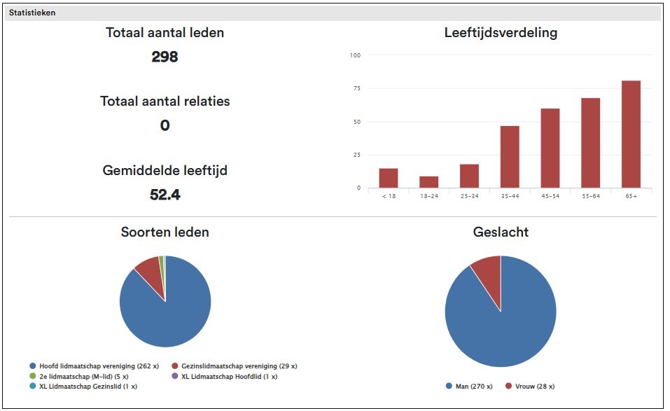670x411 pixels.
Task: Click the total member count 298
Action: pyautogui.click(x=165, y=57)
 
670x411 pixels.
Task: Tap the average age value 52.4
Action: pyautogui.click(x=165, y=195)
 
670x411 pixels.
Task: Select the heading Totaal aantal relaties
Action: pyautogui.click(x=165, y=101)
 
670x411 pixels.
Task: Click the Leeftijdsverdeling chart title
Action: pyautogui.click(x=501, y=32)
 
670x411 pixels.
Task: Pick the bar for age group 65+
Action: pyautogui.click(x=631, y=134)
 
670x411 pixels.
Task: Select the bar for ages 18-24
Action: pyautogui.click(x=428, y=182)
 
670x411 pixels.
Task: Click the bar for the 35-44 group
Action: pyautogui.click(x=510, y=157)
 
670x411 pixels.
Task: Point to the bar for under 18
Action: pyautogui.click(x=389, y=178)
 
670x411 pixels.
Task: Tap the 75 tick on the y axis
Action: pyautogui.click(x=356, y=88)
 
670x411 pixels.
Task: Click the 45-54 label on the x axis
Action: pyautogui.click(x=550, y=196)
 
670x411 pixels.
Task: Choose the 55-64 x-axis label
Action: pyautogui.click(x=590, y=196)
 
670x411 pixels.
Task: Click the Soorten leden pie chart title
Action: pyautogui.click(x=165, y=232)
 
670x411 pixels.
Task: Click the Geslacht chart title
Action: pyautogui.click(x=501, y=232)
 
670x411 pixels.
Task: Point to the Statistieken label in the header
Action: pyautogui.click(x=32, y=13)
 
